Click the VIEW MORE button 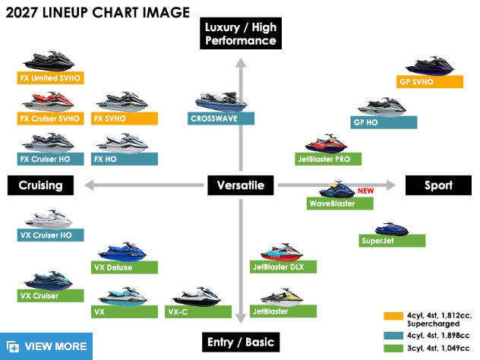point(46,346)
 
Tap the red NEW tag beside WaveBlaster point(365,191)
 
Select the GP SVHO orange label point(429,82)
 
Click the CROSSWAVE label point(221,118)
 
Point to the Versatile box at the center point(241,185)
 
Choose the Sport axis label point(438,185)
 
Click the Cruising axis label point(40,185)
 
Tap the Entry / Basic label point(241,342)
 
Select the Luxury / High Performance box point(241,33)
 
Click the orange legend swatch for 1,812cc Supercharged point(393,316)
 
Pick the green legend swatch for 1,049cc point(393,349)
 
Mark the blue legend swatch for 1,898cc point(393,336)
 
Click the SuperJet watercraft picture point(392,229)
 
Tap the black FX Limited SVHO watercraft point(49,62)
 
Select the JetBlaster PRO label point(328,159)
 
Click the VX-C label point(198,312)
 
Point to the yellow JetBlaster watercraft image point(282,297)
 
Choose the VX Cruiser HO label point(51,235)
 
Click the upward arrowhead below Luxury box point(241,63)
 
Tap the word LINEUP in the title point(65,13)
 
